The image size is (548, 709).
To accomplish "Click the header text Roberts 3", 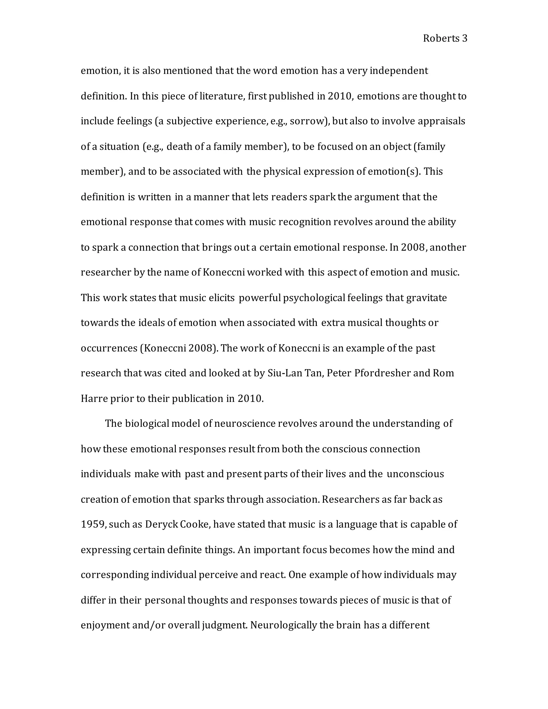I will (445, 39).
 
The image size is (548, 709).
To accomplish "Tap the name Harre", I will (94, 398).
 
